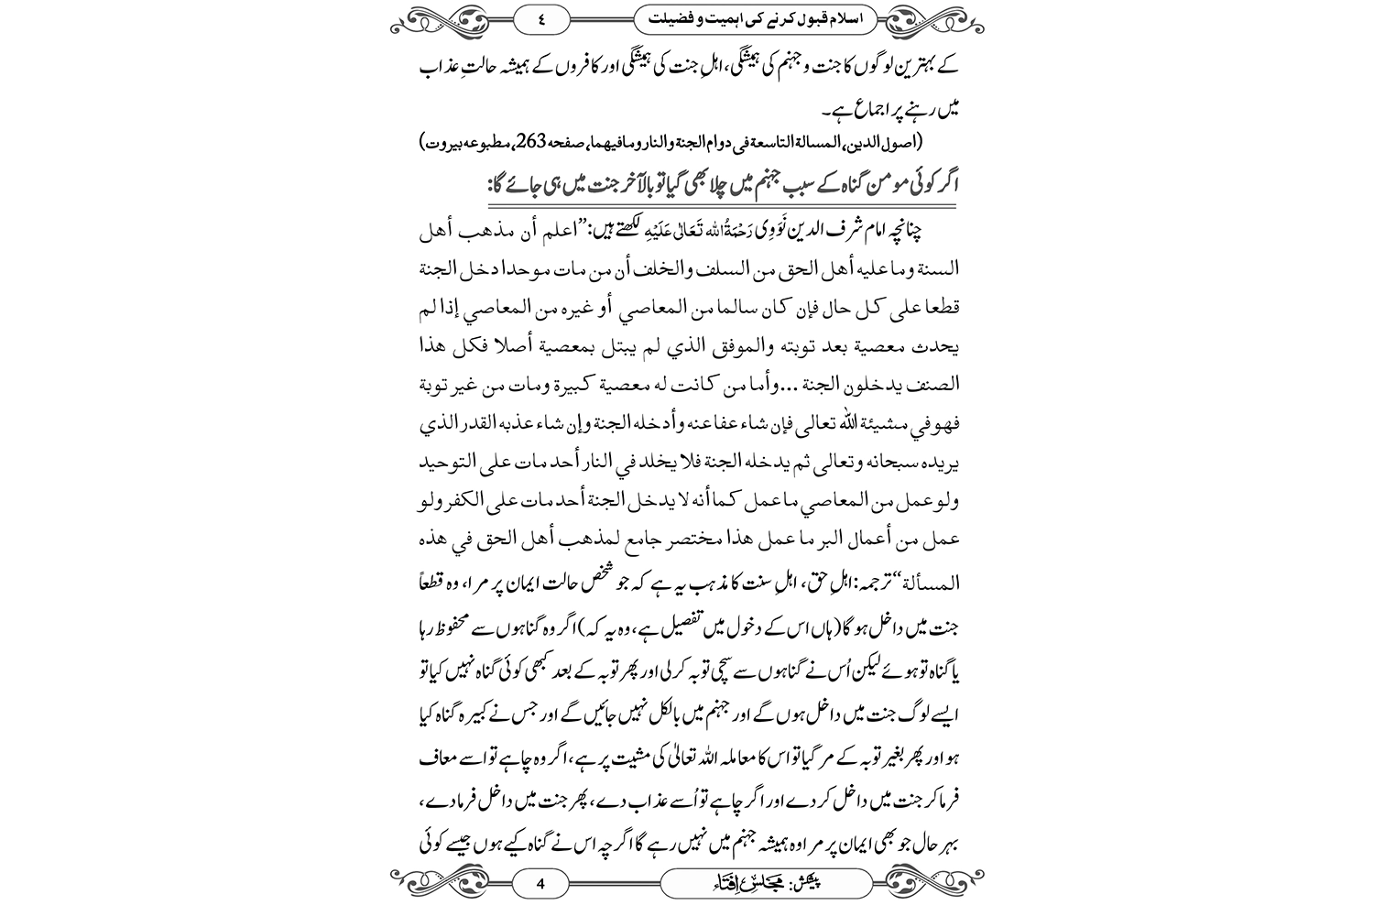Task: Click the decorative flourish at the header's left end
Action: [x=435, y=16]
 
